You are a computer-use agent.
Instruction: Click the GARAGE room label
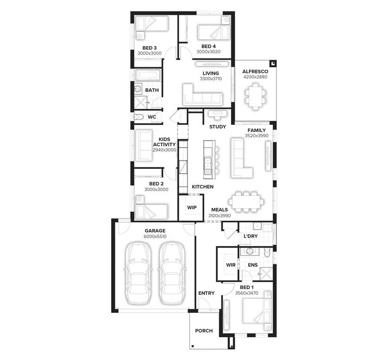click(x=155, y=231)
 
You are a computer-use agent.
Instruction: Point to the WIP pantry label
click(x=191, y=207)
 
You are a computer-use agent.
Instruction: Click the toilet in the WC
click(x=139, y=117)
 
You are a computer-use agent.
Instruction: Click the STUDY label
click(x=217, y=126)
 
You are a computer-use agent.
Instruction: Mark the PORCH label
click(x=203, y=331)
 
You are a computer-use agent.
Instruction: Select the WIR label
click(x=231, y=265)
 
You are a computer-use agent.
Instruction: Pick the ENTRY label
click(x=206, y=293)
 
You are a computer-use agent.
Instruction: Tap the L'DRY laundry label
click(x=250, y=237)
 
